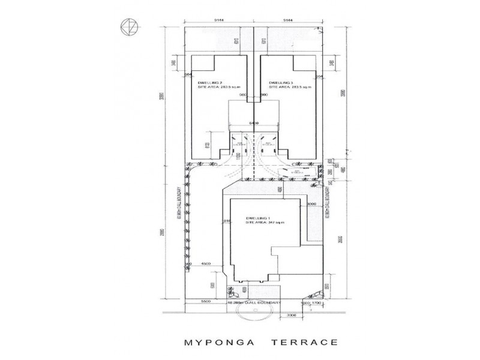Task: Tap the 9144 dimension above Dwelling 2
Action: (x=219, y=20)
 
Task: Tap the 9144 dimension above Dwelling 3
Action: (x=289, y=20)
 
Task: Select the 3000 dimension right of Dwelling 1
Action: (x=311, y=205)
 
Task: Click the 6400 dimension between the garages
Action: (x=254, y=122)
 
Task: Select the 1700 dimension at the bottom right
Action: (x=316, y=304)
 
